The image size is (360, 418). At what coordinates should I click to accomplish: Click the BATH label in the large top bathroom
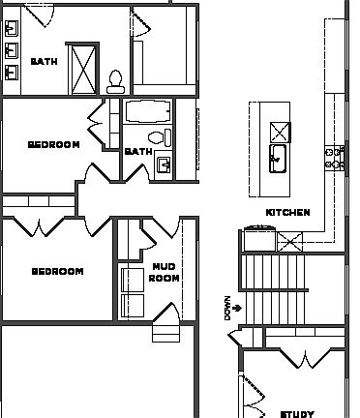click(x=43, y=61)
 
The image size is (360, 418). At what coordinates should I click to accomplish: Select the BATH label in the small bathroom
click(x=137, y=152)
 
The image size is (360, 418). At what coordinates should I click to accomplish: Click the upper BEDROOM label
click(x=53, y=145)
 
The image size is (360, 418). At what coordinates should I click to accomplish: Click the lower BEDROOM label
click(x=57, y=272)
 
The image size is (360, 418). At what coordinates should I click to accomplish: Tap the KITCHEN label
click(x=287, y=212)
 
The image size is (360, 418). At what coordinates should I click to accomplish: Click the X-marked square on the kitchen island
click(x=280, y=131)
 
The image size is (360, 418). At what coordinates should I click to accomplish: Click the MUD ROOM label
click(x=165, y=272)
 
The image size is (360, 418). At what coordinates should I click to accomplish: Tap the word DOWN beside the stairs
click(x=228, y=308)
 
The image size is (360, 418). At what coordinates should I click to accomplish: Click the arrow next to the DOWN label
click(x=237, y=308)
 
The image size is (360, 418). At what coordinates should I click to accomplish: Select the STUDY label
click(x=296, y=413)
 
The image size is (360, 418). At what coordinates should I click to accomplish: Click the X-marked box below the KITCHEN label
click(x=289, y=242)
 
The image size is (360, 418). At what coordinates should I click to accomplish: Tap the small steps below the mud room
click(x=165, y=332)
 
